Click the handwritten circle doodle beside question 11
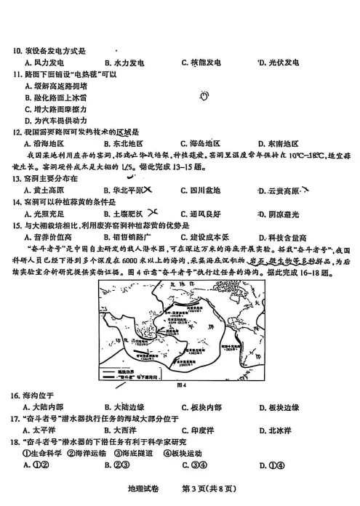(x=204, y=95)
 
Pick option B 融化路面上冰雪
(x=55, y=97)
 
